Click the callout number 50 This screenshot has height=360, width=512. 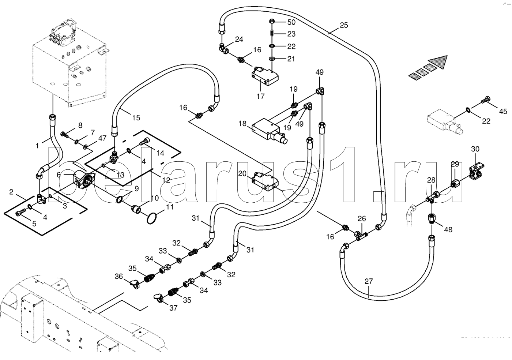tap(291, 22)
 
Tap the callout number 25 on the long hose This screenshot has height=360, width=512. tap(344, 25)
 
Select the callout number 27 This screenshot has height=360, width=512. tap(369, 281)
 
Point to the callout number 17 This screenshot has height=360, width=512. tap(260, 96)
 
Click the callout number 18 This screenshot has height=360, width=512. tap(242, 124)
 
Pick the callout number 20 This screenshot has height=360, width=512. tap(242, 173)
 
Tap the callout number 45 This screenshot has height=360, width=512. tap(503, 111)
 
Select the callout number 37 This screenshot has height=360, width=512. tap(173, 308)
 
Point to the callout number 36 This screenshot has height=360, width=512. tap(118, 277)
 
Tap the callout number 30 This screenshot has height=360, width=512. tap(475, 149)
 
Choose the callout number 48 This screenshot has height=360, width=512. tap(448, 229)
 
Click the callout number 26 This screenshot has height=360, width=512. tap(362, 219)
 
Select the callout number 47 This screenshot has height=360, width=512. tap(102, 138)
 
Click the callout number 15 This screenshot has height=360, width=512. tap(136, 118)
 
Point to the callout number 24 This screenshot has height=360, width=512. tap(239, 40)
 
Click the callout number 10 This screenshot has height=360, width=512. tap(155, 198)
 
